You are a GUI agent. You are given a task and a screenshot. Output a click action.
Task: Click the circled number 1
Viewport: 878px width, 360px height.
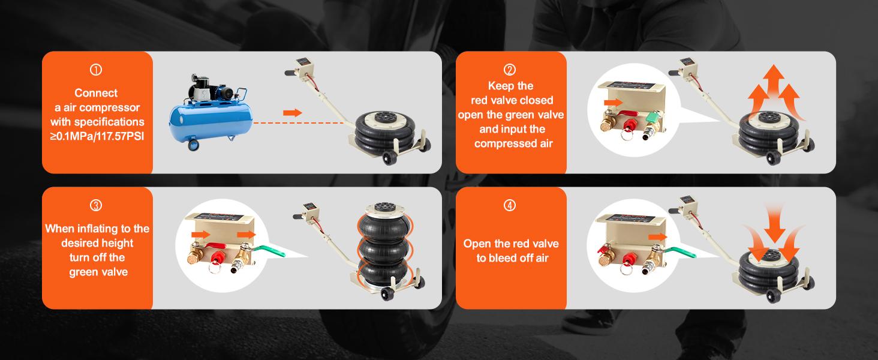(x=96, y=70)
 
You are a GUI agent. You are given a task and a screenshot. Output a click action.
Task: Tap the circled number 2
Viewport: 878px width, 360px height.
(x=510, y=70)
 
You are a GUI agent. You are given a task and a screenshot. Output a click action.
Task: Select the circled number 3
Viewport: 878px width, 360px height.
(x=96, y=205)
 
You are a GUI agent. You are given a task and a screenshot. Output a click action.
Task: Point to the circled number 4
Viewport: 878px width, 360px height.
(x=510, y=205)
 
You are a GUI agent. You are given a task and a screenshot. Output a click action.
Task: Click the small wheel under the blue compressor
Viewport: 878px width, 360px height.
(x=193, y=145)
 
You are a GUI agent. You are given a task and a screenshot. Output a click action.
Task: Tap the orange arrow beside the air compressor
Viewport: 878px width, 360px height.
(x=293, y=113)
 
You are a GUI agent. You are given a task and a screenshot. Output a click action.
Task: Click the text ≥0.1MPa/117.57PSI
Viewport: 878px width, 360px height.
(x=97, y=136)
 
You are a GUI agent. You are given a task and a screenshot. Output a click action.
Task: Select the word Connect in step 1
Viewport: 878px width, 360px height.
(x=96, y=93)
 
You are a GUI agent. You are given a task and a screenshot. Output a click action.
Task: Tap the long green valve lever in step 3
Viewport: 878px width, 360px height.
(x=269, y=250)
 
